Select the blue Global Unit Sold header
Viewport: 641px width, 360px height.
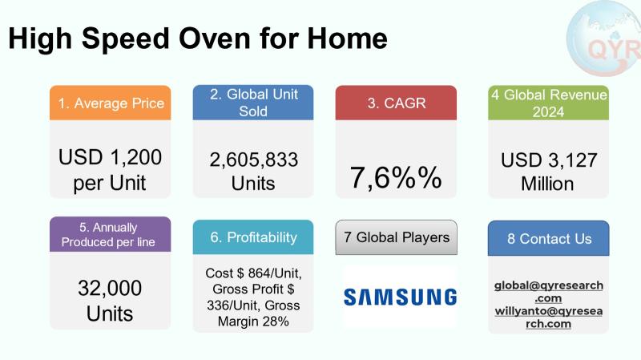(x=253, y=103)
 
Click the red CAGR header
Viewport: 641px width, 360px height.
(x=396, y=103)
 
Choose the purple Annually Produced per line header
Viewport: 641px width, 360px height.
(x=111, y=234)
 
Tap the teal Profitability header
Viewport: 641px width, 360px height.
(x=253, y=237)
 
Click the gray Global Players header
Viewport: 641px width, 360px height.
(x=396, y=237)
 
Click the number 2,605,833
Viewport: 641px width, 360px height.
(x=253, y=160)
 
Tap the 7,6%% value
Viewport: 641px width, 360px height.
(x=396, y=178)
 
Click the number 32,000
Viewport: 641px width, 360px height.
(x=111, y=287)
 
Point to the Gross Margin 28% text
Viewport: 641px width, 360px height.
(x=253, y=321)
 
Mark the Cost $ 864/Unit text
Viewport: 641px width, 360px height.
(x=253, y=273)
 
